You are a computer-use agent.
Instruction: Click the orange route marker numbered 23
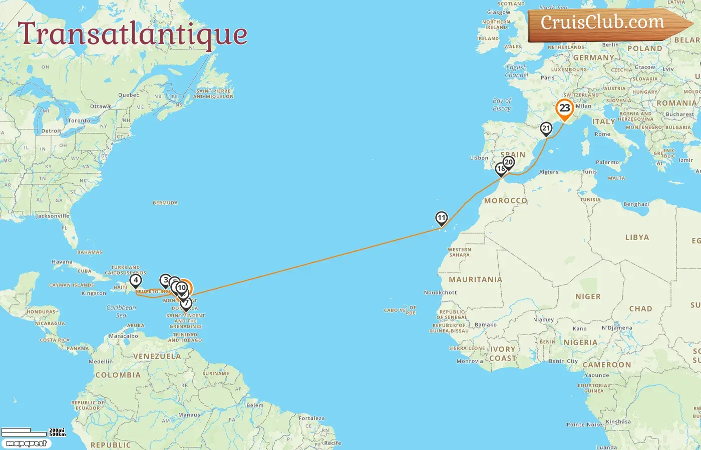point(565,108)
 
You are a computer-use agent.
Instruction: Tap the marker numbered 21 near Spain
point(546,128)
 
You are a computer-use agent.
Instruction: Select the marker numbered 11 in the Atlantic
point(441,218)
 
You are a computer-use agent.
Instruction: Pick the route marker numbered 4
point(136,281)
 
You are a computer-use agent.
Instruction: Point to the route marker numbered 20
point(509,162)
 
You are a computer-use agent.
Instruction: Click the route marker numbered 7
point(186,303)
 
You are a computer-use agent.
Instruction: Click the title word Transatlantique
point(133,34)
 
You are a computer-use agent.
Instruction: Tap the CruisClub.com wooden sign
point(603,23)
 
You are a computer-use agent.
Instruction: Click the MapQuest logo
point(26,443)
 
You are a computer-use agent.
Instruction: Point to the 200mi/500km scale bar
point(33,431)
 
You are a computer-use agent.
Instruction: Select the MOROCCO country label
point(505,200)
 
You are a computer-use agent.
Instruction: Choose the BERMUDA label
point(165,203)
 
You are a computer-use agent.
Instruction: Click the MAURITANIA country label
point(475,279)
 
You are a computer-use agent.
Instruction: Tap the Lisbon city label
point(479,158)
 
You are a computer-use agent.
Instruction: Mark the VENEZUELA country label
point(157,356)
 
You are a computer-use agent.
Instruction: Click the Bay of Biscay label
point(502,104)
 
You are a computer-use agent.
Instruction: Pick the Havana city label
point(62,262)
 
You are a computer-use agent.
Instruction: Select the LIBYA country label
point(637,237)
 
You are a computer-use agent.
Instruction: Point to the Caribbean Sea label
point(121,311)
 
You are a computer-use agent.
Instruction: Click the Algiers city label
point(548,172)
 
